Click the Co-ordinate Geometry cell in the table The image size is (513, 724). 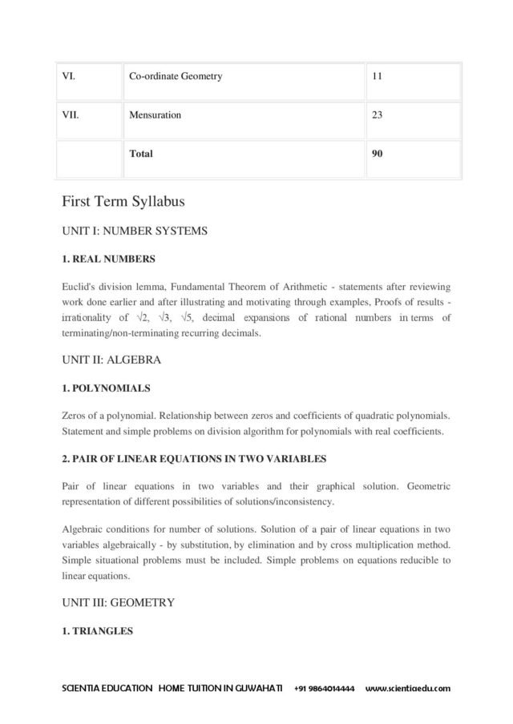coord(176,77)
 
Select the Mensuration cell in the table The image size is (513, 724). coord(156,115)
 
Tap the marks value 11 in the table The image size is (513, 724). coord(378,77)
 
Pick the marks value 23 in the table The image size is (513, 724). coord(378,115)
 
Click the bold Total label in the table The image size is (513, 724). coord(141,153)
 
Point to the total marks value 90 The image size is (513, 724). coord(378,153)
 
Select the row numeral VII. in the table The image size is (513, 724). coord(71,115)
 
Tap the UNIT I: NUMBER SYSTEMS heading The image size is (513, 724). coord(135,231)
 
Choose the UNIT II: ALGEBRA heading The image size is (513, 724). coord(111,360)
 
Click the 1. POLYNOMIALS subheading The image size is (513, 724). coord(106,388)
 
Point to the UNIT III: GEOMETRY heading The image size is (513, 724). coord(119,601)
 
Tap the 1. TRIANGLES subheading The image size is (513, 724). coord(97,630)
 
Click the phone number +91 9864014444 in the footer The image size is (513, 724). coord(324,689)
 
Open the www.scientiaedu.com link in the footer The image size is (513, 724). coord(407,689)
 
